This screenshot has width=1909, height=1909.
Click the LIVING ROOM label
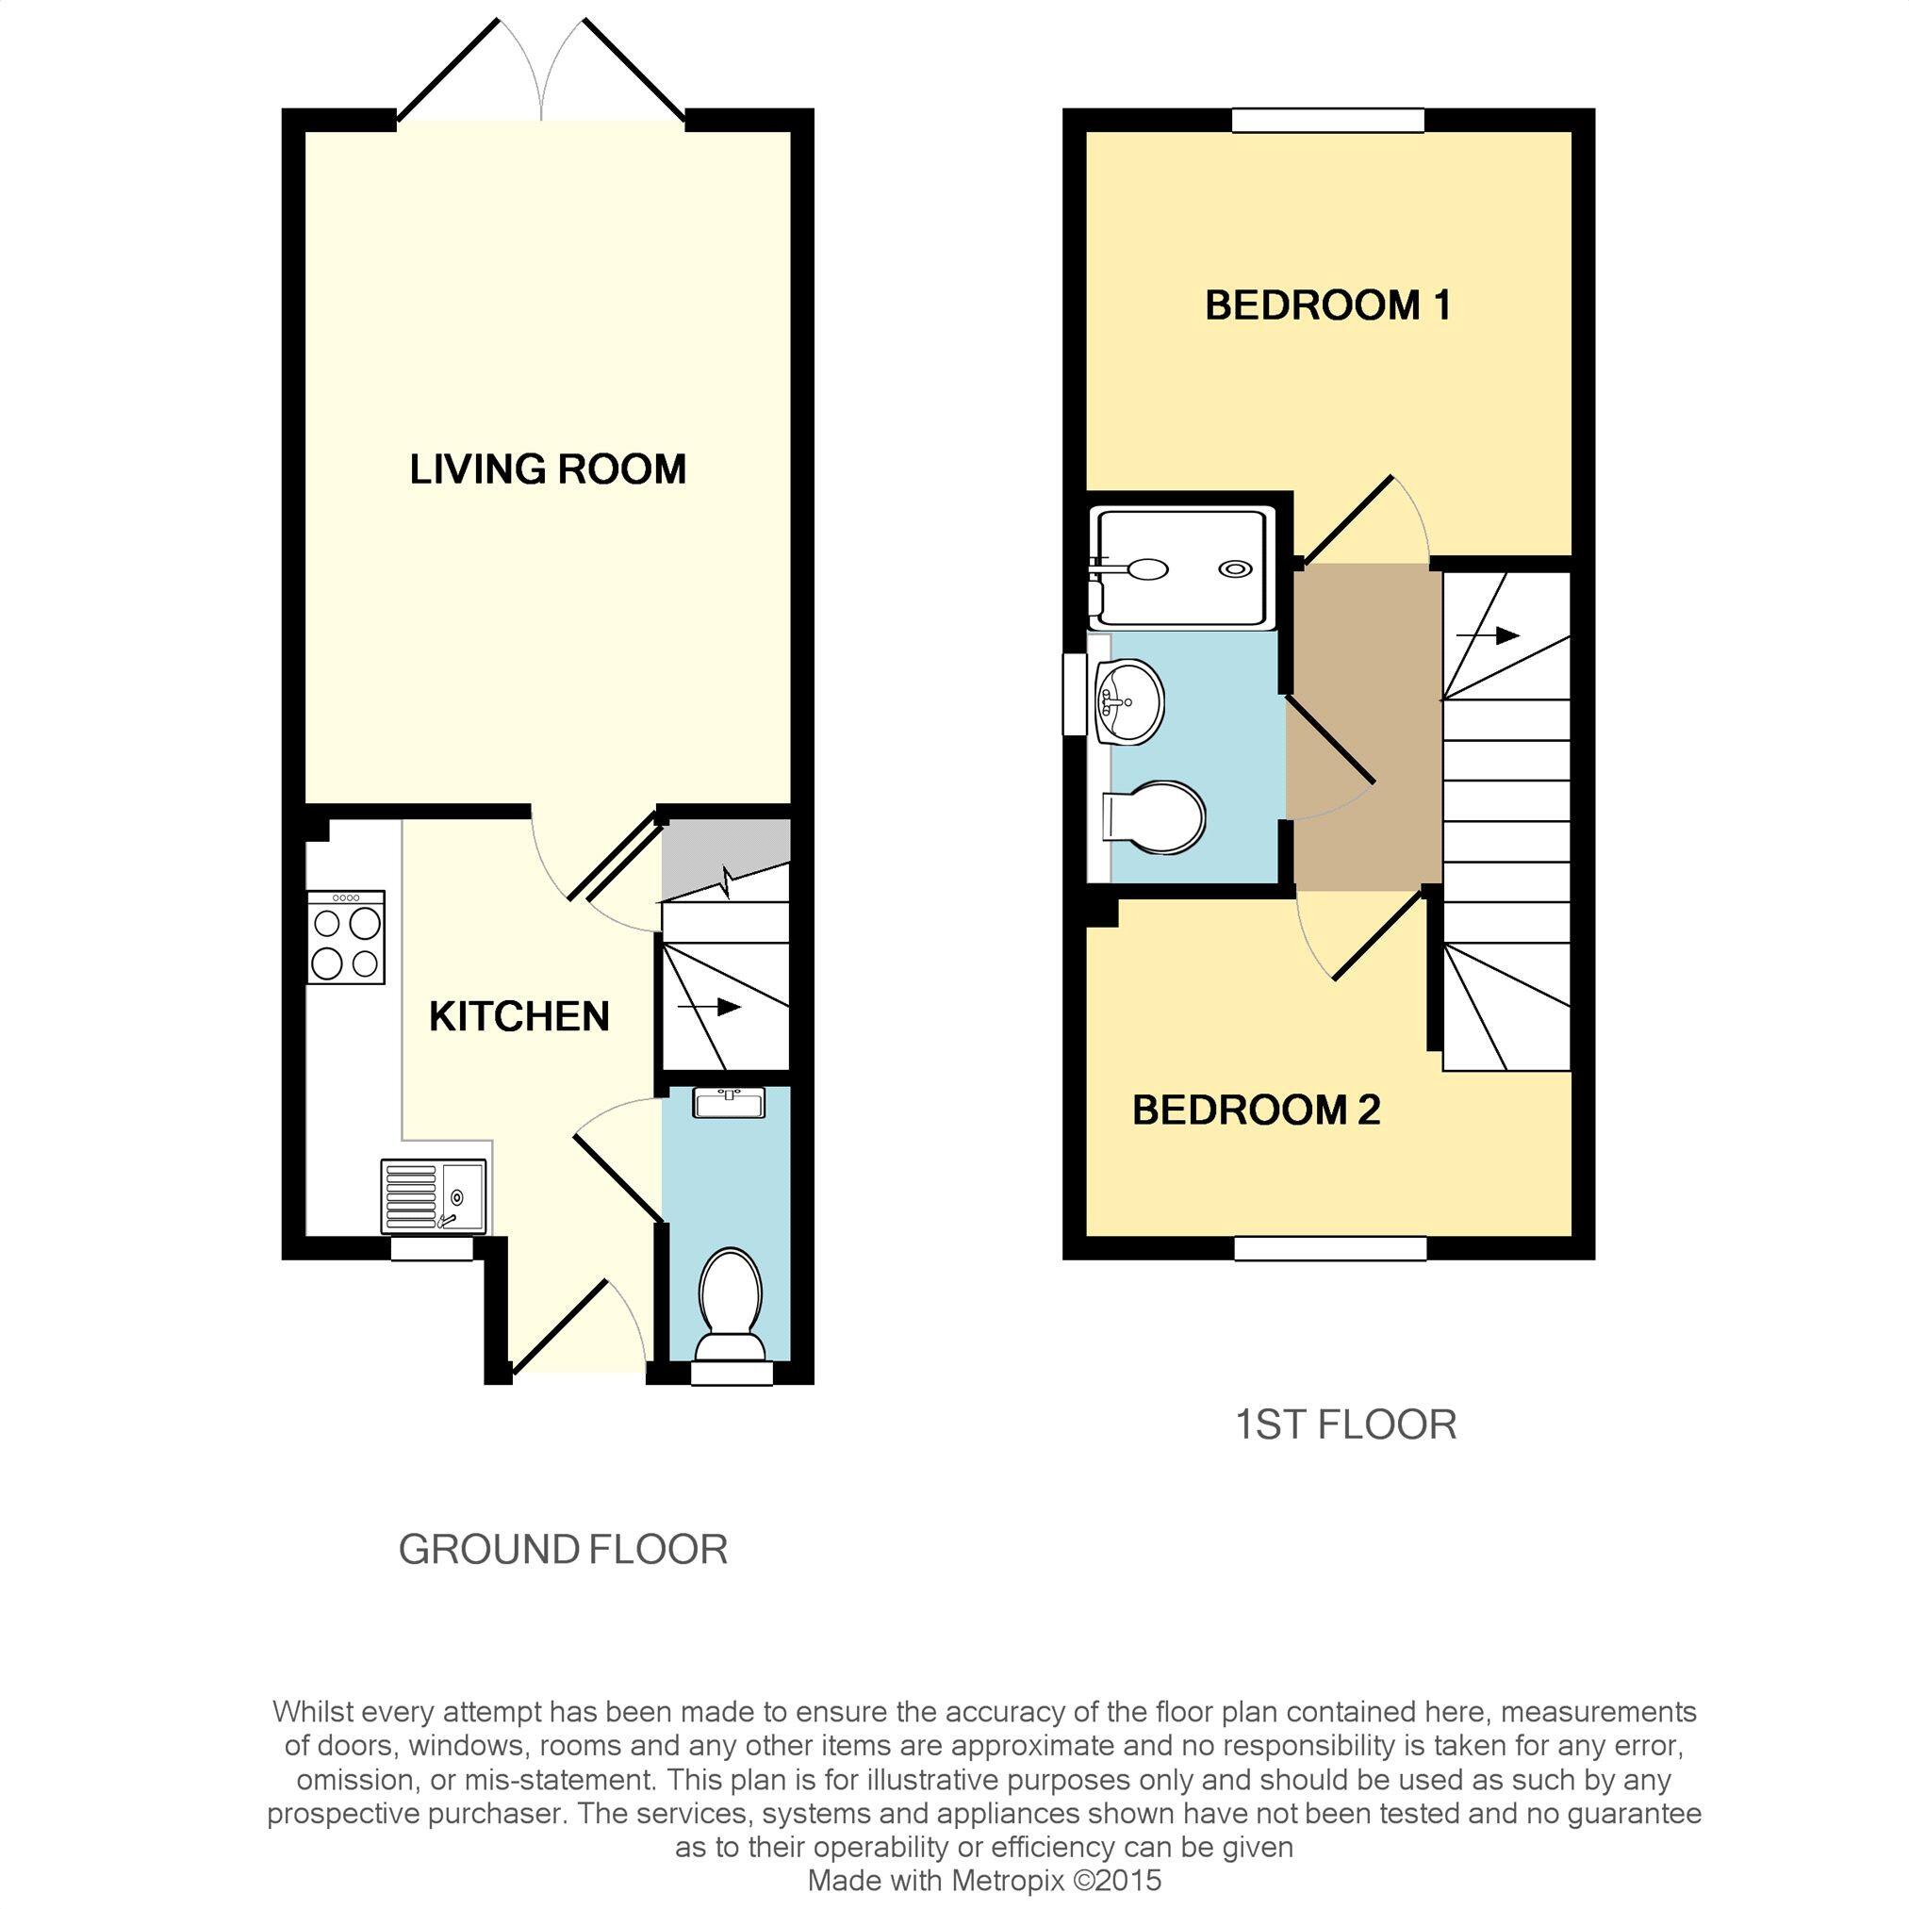548,469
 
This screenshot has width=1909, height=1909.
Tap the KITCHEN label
518,1015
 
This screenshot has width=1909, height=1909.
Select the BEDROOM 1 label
1328,305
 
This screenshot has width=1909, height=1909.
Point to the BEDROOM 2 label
1256,1110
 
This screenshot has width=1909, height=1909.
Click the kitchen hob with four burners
346,937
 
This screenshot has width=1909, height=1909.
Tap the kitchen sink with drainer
434,1195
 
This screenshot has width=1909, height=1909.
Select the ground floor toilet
732,1306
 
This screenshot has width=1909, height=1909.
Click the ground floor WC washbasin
730,1103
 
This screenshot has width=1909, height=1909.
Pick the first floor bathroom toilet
1153,818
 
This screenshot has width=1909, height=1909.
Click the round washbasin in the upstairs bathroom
1130,701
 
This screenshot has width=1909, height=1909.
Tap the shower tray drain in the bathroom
1235,568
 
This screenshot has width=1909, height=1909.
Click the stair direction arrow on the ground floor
710,1007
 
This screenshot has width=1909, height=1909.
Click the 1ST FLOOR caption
1347,1424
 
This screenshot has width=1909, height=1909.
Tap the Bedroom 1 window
1328,120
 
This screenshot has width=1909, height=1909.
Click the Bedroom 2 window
1330,1248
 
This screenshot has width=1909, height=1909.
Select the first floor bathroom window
1074,694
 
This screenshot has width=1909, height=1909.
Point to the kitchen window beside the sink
432,1249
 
